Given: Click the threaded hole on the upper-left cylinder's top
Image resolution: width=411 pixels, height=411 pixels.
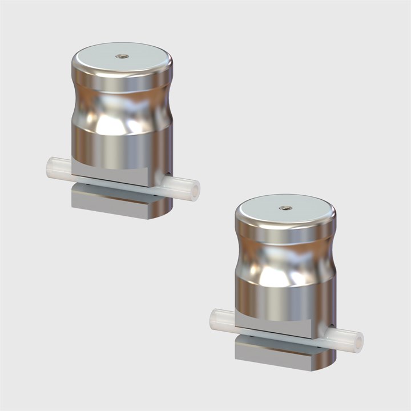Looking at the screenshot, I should coord(122,57).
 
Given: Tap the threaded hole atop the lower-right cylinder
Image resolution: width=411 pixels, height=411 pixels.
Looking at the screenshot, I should coord(285,208).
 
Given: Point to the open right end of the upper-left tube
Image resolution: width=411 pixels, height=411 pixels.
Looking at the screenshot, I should coord(195,189).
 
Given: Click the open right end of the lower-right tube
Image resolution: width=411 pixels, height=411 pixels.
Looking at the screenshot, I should coord(358,341).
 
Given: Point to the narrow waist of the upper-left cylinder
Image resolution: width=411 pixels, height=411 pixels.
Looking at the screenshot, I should coord(122,108).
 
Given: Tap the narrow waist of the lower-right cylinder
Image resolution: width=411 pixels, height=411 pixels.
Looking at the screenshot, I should coord(285,260).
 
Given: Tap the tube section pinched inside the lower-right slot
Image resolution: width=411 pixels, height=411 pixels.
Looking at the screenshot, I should coord(277,336).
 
